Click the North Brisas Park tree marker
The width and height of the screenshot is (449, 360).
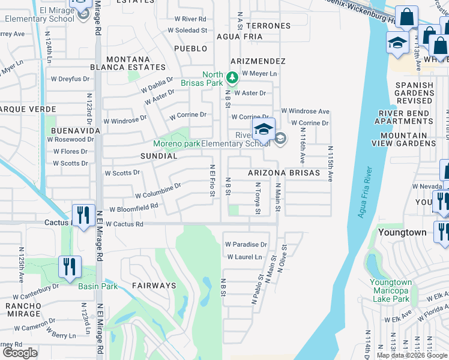coord(232,78)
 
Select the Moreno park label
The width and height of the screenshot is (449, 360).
coord(176,143)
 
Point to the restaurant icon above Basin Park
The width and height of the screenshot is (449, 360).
coord(70,266)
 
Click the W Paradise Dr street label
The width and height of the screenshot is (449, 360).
coord(246,245)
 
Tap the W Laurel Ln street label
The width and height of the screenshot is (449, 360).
coord(245,257)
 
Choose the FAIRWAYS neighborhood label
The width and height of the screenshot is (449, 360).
coord(154,286)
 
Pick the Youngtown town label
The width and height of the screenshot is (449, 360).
coord(403,232)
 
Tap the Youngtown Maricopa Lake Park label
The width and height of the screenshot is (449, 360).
coord(390,290)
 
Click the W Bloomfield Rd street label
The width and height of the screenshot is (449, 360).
coord(132,208)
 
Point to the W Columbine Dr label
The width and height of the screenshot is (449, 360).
coord(158,191)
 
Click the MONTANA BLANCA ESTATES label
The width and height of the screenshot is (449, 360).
coord(136,64)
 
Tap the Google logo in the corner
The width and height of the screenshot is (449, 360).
coord(20,353)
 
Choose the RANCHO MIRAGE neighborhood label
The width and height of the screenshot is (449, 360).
coord(23,309)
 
